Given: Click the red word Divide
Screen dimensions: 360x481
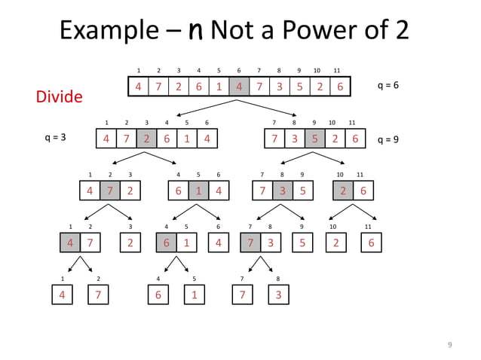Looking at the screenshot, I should pos(59,97).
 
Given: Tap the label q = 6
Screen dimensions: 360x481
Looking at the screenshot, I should pos(388,86).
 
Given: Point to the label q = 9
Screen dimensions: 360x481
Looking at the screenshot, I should pos(388,140).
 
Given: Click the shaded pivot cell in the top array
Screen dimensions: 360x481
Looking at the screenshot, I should pos(239,87).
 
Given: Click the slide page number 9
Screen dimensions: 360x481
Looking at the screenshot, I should pos(449,345).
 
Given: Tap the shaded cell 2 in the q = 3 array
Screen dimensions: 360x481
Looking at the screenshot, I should pos(146,139).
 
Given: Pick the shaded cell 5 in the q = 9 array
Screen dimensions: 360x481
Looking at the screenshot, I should pos(314,139).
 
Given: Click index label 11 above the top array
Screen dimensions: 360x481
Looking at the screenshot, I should pos(337,71).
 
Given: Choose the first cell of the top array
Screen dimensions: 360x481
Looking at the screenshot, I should pos(138,87).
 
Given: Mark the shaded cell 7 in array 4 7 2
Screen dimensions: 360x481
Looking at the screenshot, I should pos(110,191).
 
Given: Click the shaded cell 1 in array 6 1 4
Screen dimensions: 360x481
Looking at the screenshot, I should pos(198,191).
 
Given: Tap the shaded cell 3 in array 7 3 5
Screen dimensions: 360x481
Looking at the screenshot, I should pos(283,191).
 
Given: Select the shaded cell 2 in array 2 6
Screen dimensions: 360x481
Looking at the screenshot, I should pos(342,191).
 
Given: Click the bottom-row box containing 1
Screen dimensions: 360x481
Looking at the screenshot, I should pos(195,294).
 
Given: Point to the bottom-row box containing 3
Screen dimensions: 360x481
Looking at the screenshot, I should pos(279,294).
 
